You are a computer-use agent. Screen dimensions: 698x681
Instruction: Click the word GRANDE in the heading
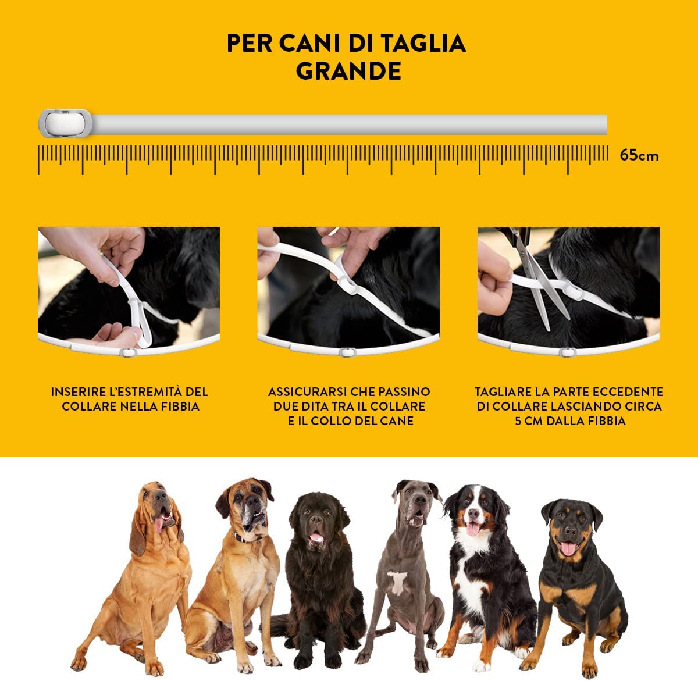[348, 71]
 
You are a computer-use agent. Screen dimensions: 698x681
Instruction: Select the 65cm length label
[639, 155]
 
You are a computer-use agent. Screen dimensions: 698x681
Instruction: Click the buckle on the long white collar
[65, 123]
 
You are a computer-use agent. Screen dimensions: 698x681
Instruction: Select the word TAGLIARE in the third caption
[500, 392]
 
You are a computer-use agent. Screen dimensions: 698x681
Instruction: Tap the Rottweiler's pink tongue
[568, 549]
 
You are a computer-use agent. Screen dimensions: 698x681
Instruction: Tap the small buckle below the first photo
[129, 352]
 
